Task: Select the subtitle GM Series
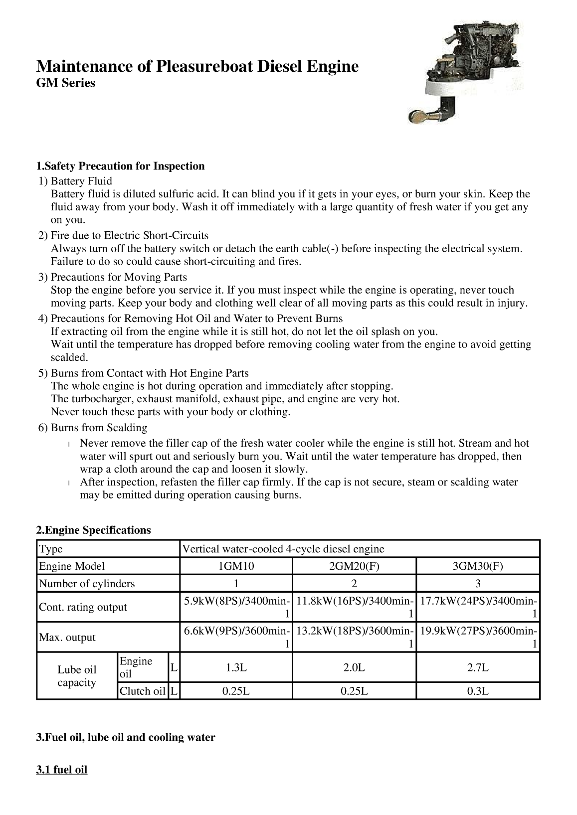(65, 83)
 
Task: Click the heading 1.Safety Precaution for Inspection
(120, 166)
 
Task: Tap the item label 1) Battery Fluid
(76, 181)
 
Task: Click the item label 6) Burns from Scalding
(93, 428)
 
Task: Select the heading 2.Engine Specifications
(93, 530)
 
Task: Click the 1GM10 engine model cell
(236, 566)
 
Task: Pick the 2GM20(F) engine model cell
(354, 566)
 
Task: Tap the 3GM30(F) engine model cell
(478, 566)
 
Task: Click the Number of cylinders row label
(87, 584)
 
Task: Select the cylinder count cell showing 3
(478, 584)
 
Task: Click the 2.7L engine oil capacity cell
(478, 667)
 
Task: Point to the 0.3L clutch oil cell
(478, 691)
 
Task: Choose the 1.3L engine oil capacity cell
(236, 667)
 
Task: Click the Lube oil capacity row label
(77, 676)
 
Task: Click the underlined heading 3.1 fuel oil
(62, 770)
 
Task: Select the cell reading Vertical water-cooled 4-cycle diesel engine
(283, 549)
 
